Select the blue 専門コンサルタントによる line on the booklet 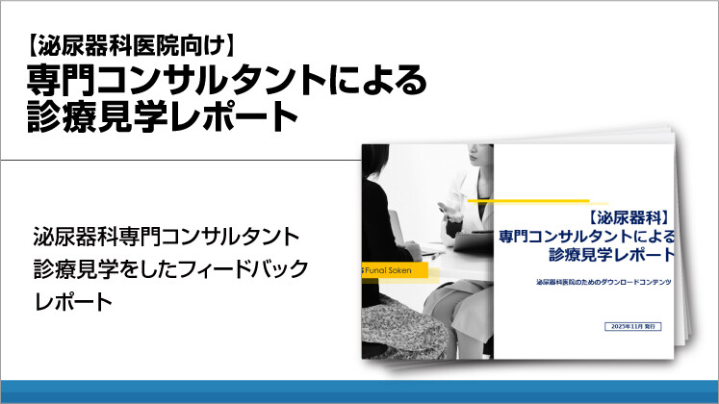tap(586, 237)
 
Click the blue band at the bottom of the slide tap(359, 391)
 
